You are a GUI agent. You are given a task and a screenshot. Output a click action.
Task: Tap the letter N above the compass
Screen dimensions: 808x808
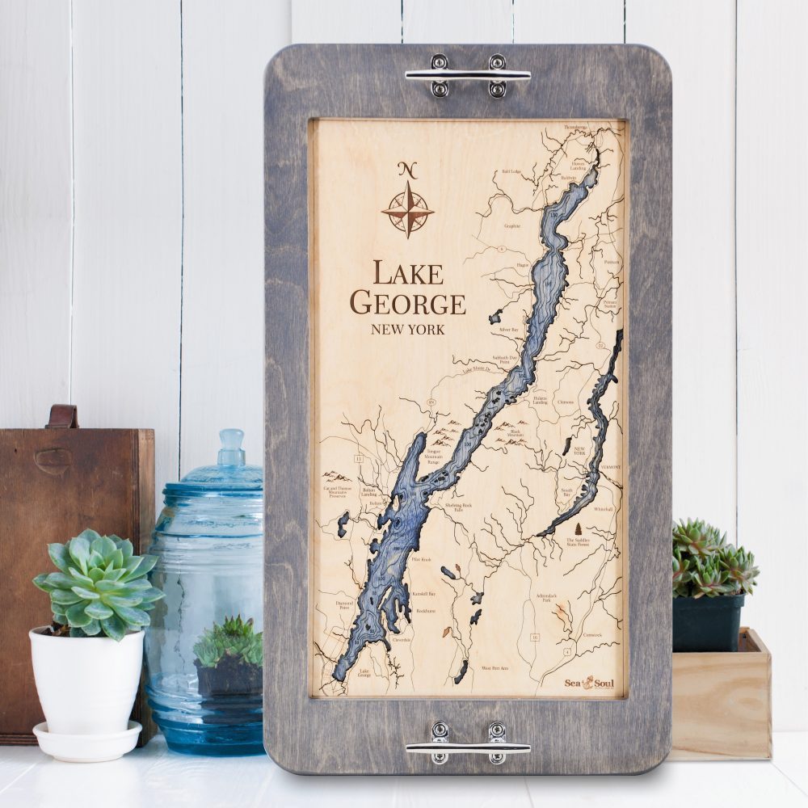(x=407, y=170)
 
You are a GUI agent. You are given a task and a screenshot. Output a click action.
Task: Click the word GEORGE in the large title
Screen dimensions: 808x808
(x=407, y=303)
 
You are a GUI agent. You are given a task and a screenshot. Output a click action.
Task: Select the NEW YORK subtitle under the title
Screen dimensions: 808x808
(x=407, y=330)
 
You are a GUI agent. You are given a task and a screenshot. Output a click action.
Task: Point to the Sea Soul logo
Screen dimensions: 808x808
(x=590, y=683)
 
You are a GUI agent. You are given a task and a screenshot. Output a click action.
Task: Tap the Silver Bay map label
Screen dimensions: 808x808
(x=509, y=330)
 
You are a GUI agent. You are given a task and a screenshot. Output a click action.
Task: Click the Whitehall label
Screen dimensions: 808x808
(x=604, y=509)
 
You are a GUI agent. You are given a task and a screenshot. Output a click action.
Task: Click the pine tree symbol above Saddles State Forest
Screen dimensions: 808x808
(x=578, y=529)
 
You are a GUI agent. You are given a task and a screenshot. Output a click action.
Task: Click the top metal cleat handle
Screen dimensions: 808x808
(x=468, y=75)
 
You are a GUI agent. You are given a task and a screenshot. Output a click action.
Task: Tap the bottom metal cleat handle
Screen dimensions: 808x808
(x=468, y=743)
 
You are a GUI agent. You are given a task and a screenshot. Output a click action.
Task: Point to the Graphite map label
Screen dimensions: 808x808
(x=511, y=227)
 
